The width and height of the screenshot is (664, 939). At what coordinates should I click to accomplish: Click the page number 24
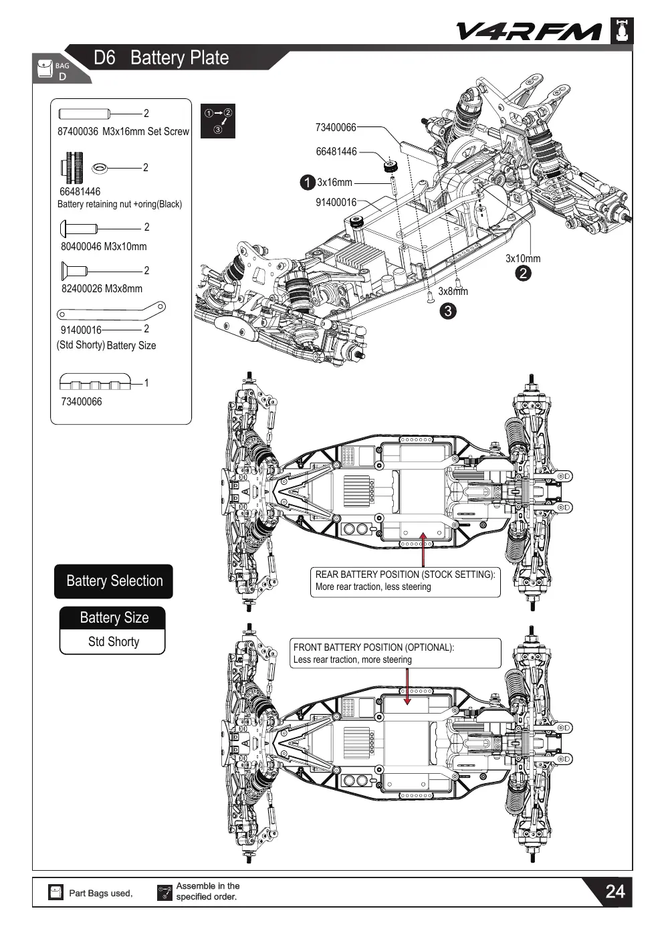click(x=615, y=892)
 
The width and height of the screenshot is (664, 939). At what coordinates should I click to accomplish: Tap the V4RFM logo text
click(x=529, y=31)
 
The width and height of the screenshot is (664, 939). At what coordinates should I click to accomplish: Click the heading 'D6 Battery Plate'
click(x=161, y=58)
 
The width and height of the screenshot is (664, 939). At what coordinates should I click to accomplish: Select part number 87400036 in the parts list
click(x=78, y=132)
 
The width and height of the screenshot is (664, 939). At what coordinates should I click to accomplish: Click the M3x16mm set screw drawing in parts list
click(x=84, y=114)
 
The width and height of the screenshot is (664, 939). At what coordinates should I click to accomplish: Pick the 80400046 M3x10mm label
click(x=104, y=247)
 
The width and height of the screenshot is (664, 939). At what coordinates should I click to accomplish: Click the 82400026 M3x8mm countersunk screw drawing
click(x=74, y=271)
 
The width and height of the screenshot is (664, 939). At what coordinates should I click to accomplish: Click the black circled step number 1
click(x=308, y=183)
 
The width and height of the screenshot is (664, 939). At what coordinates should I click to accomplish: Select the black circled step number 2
click(x=523, y=274)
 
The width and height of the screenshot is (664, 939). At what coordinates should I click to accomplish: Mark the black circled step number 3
click(x=448, y=311)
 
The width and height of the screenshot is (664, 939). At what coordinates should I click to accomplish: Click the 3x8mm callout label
click(x=453, y=292)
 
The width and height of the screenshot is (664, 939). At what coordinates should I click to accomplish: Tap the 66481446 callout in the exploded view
click(x=336, y=152)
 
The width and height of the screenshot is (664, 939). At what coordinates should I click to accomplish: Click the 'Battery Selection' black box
click(x=114, y=581)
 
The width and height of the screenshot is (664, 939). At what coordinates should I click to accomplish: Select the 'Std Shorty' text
click(x=114, y=641)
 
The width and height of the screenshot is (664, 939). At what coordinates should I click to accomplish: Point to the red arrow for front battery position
click(x=407, y=687)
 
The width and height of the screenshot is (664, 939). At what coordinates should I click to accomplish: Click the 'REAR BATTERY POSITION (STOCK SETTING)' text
click(x=405, y=575)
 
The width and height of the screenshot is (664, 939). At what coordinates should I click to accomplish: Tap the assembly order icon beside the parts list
click(x=218, y=121)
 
